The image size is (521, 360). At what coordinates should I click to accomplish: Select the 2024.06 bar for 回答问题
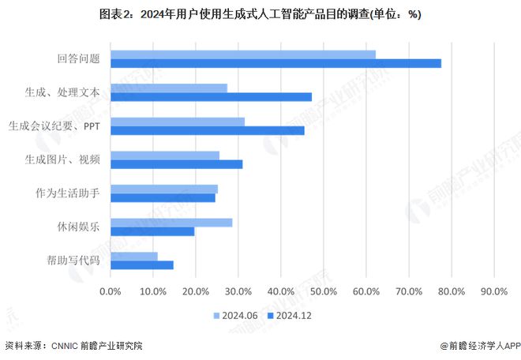[243, 54]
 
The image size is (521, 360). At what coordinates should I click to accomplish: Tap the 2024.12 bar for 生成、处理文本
[211, 97]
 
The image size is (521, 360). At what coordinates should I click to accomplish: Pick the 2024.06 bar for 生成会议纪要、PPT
[178, 122]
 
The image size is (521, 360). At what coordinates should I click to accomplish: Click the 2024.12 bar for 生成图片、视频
[177, 164]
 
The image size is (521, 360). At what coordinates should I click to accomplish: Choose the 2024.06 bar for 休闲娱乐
[171, 223]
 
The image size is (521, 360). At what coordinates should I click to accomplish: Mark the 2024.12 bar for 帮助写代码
[142, 264]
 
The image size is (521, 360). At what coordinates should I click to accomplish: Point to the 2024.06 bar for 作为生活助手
[164, 189]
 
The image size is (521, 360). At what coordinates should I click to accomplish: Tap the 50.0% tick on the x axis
[323, 291]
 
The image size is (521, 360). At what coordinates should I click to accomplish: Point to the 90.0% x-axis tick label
[493, 291]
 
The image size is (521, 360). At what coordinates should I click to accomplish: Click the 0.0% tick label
[111, 291]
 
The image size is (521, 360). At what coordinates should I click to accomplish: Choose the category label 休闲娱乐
[78, 227]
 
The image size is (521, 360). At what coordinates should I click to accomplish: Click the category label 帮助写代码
[73, 260]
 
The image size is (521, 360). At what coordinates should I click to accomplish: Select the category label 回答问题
[78, 59]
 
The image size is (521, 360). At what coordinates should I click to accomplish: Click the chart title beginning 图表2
[260, 14]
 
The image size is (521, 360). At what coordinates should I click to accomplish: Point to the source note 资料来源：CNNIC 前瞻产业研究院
[74, 346]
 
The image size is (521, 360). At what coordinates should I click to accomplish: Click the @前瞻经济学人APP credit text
[477, 346]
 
